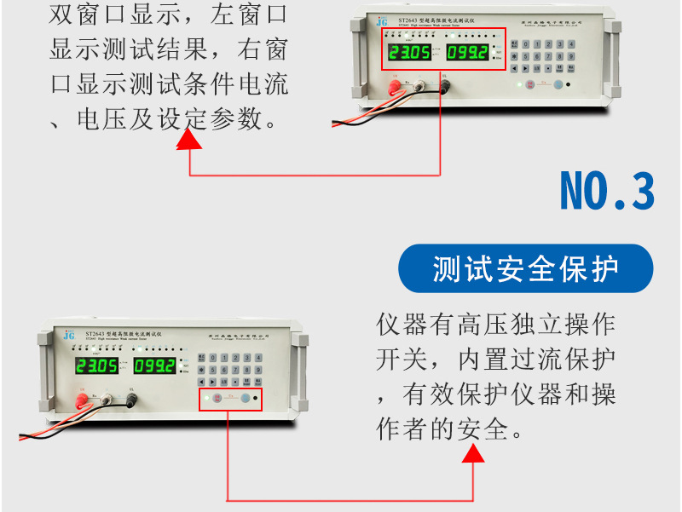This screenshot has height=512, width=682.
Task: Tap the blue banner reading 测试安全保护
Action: [x=525, y=269]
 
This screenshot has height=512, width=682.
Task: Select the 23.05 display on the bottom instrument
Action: [x=96, y=366]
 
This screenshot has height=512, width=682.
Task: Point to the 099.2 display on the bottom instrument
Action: [x=154, y=366]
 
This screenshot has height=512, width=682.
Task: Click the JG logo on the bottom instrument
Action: [x=69, y=335]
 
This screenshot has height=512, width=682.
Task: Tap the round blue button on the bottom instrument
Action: [x=245, y=399]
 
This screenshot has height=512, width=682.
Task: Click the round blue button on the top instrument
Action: [x=558, y=85]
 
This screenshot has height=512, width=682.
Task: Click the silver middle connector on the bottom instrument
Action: [x=107, y=398]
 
